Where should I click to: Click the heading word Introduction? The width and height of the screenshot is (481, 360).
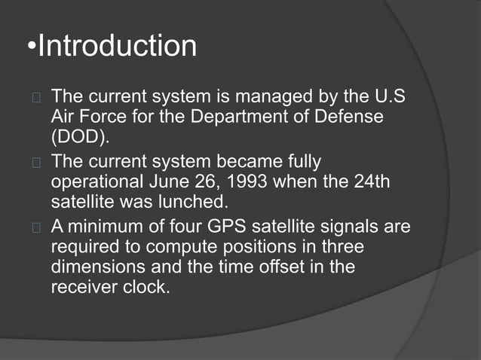coord(117,47)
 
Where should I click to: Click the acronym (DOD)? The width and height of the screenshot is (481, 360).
coord(78,137)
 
